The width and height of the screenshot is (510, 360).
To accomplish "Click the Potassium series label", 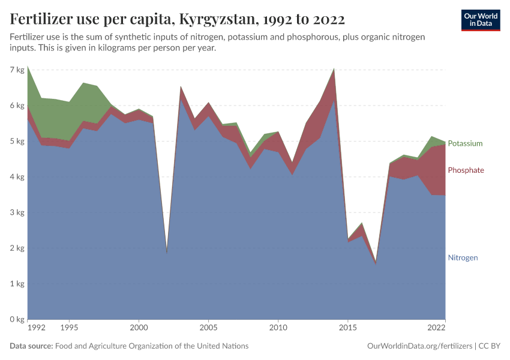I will point(465,144).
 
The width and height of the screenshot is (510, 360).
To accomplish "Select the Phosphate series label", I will point(466,170).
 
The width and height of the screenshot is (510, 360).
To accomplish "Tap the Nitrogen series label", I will point(463,257).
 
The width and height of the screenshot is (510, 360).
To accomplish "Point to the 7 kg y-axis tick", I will point(17,70).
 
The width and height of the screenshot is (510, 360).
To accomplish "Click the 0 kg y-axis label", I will point(17,319).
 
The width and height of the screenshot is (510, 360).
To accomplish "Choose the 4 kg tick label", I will point(17,177).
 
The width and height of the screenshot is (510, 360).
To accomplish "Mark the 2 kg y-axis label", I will point(17,248).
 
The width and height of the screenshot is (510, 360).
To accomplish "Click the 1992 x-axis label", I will point(36,328).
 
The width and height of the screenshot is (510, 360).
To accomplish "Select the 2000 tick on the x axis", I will point(139,328).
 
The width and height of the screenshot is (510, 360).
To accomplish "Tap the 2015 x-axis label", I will point(347,328).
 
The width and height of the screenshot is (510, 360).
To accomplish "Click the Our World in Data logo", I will point(481,20).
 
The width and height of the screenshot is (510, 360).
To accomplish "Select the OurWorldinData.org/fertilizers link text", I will point(419,346).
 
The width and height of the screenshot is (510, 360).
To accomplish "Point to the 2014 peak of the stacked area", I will point(334,70).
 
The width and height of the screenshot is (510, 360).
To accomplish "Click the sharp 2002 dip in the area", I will point(167,253).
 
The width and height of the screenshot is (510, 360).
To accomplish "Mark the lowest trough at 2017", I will point(376,263).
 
